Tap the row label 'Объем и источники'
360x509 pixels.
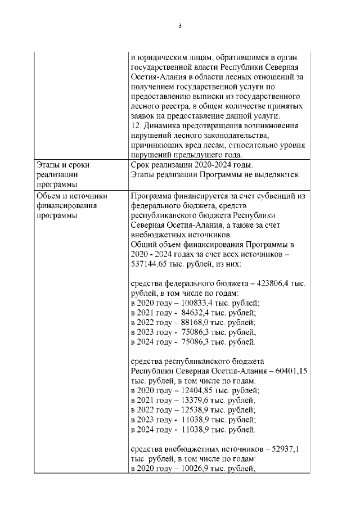coord(71,196)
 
